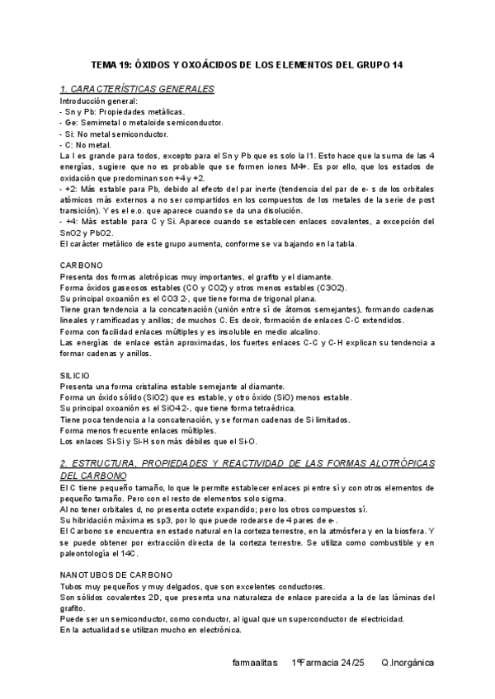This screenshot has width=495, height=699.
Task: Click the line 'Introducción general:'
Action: click(x=99, y=101)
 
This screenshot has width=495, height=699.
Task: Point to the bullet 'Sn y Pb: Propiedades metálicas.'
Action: click(x=123, y=111)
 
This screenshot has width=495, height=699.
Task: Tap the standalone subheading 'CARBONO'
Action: click(x=82, y=265)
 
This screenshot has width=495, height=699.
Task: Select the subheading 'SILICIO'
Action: click(x=76, y=375)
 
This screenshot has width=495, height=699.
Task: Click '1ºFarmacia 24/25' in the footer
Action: click(x=328, y=663)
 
